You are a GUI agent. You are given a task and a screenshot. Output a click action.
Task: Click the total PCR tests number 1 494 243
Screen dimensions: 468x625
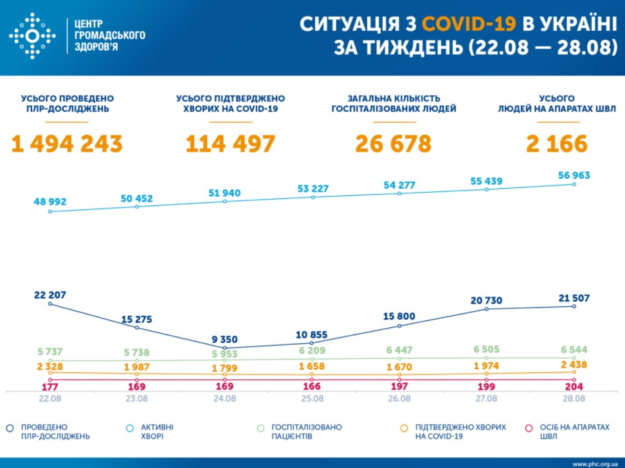[x=67, y=144]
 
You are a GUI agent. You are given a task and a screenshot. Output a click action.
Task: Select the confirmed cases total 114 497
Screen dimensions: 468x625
[x=230, y=144]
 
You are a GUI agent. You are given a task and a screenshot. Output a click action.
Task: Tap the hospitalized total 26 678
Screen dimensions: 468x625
[x=394, y=144]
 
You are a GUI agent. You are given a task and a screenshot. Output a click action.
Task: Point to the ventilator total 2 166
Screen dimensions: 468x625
[x=557, y=144]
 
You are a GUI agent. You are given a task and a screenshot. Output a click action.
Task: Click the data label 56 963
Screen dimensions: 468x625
[x=573, y=175]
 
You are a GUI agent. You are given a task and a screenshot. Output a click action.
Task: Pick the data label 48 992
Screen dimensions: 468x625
[x=50, y=202]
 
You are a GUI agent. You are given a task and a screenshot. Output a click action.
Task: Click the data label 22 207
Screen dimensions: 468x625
[x=50, y=295]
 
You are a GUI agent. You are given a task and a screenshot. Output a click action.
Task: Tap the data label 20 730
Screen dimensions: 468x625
[x=486, y=300]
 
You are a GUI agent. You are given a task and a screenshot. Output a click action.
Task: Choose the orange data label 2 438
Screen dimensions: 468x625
[x=573, y=364]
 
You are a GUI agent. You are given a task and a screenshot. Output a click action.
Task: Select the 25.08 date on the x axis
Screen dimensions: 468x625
[x=312, y=399]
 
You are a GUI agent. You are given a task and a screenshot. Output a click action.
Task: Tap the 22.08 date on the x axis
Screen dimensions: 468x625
[x=50, y=399]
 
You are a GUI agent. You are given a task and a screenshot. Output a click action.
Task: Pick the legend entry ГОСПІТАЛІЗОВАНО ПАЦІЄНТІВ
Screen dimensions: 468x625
[x=307, y=431]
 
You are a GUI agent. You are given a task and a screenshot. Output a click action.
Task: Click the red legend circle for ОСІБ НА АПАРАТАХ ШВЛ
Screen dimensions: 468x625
[x=529, y=428]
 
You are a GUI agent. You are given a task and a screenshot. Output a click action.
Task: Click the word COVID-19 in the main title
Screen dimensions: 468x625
[x=469, y=24]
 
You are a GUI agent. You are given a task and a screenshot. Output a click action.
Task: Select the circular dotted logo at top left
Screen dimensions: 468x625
[x=32, y=37]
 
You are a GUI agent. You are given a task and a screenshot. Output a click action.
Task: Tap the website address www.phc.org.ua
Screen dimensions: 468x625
[x=594, y=463]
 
